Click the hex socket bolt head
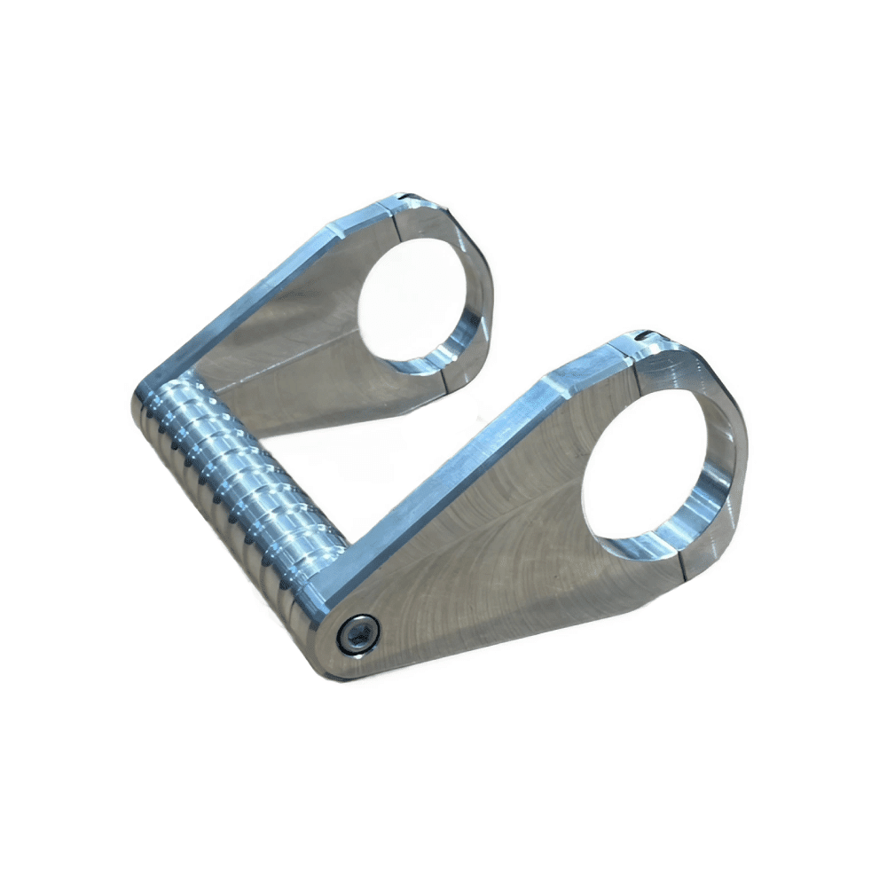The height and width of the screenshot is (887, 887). pos(357,634)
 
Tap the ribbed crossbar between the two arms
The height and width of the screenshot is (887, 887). pos(244,479)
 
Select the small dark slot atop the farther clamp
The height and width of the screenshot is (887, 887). pos(404,197)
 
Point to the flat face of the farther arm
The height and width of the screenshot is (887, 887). pos(293,355)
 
